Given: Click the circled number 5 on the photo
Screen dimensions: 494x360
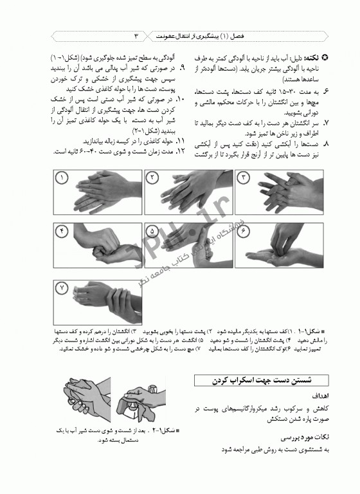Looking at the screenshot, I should coord(153,230).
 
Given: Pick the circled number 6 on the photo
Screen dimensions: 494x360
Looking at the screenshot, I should coord(243,230).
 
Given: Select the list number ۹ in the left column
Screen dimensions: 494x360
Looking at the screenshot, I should coord(183,67).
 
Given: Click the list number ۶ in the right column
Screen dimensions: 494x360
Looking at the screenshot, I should coord(327,92).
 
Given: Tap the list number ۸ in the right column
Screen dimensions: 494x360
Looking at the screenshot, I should coord(327,145).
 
